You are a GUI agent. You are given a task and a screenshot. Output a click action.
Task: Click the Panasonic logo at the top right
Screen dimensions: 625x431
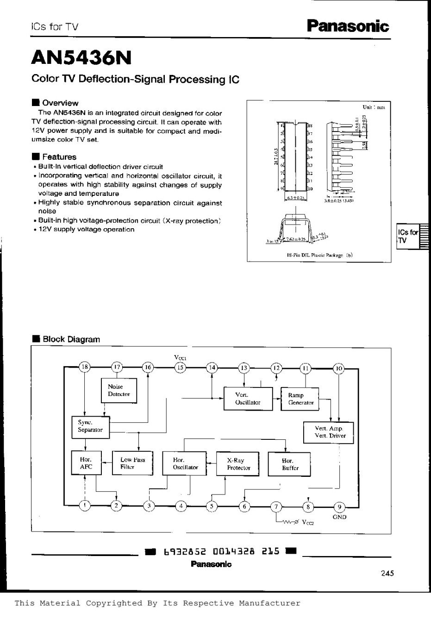[350, 25]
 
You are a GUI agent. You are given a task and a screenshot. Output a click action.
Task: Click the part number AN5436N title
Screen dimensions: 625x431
[81, 58]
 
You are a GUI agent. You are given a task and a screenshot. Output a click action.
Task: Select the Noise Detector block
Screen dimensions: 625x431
[119, 390]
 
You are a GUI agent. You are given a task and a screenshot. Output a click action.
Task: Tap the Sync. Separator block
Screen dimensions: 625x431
[90, 426]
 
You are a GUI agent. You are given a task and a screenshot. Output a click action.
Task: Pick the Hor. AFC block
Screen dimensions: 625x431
[86, 463]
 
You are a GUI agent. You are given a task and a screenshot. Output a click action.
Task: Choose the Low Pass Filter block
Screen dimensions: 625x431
[132, 463]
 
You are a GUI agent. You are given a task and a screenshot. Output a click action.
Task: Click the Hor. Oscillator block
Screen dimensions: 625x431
[185, 463]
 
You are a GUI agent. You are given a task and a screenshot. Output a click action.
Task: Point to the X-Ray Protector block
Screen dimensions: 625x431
[238, 464]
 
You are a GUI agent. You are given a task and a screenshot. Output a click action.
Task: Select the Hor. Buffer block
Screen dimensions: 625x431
[290, 464]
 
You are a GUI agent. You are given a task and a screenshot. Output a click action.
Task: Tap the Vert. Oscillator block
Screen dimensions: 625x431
[248, 399]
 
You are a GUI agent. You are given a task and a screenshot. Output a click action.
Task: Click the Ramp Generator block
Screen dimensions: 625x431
[300, 399]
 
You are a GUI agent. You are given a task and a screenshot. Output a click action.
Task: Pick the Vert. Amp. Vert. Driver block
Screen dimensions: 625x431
[330, 432]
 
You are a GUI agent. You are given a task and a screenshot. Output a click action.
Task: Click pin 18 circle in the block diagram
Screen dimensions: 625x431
[85, 368]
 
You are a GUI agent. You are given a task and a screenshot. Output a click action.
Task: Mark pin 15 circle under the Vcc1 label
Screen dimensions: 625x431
[180, 368]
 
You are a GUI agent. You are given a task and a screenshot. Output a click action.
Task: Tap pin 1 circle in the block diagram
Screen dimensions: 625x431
[85, 506]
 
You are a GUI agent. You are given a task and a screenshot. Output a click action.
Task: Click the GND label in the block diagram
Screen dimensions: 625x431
[339, 517]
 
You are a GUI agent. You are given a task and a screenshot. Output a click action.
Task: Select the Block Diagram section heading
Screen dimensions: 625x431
[71, 339]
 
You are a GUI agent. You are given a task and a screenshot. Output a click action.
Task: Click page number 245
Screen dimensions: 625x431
[387, 573]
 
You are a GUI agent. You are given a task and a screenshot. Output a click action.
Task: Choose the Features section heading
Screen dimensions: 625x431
[59, 157]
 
